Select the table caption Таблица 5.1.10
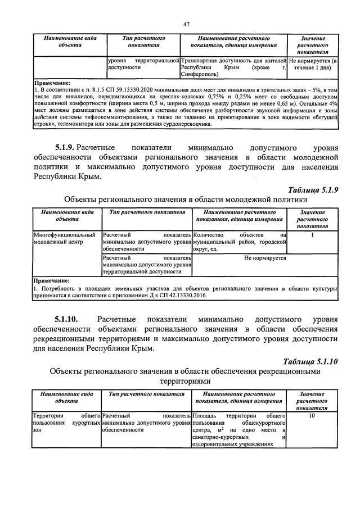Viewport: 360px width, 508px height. [310, 362]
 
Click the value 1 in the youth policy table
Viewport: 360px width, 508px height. [312, 235]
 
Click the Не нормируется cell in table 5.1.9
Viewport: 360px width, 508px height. [265, 258]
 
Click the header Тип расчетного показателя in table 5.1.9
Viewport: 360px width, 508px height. [146, 212]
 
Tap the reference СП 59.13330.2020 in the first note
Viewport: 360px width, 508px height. [126, 89]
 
